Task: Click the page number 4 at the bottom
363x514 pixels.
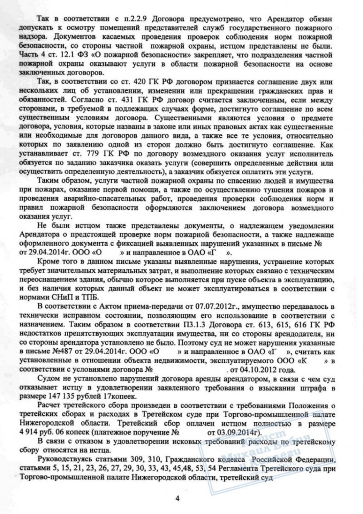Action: tap(178, 498)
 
